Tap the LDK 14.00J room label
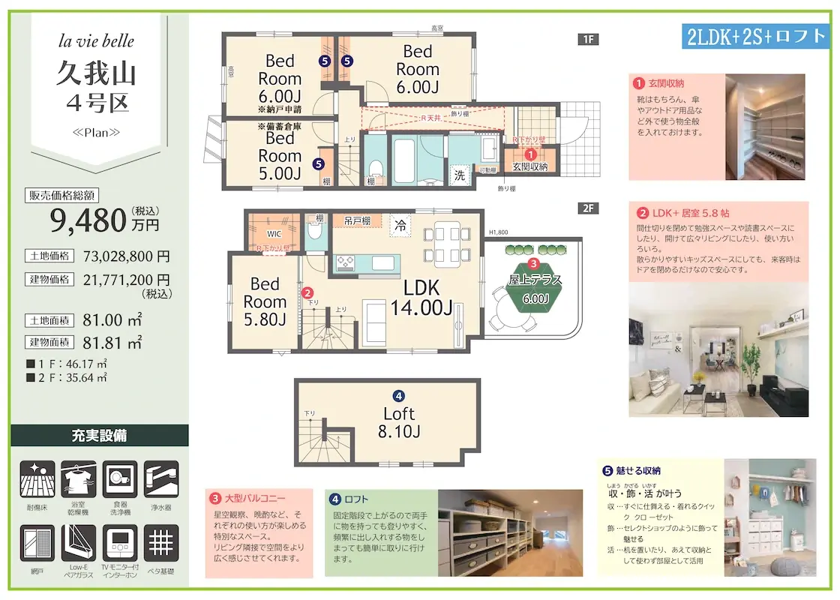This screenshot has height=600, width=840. point(421,297)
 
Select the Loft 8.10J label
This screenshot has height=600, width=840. point(399,422)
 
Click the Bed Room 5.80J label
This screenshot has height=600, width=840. point(265,301)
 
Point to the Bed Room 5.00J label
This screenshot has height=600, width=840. point(280,156)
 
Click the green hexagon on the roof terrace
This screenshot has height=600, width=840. point(534,288)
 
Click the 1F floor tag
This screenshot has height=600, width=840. point(588,40)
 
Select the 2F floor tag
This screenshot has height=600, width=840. point(588,208)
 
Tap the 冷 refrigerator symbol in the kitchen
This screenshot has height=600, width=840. point(401,223)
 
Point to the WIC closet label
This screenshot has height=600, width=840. point(274,232)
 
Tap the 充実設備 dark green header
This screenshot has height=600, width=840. point(99,435)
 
